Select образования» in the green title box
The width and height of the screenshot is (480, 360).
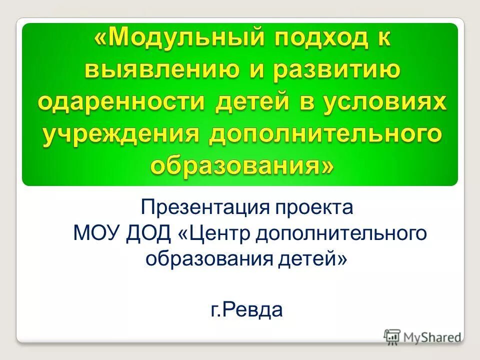pos(240,165)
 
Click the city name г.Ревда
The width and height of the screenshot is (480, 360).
pos(246,310)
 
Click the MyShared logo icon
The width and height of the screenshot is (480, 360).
pos(392,336)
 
